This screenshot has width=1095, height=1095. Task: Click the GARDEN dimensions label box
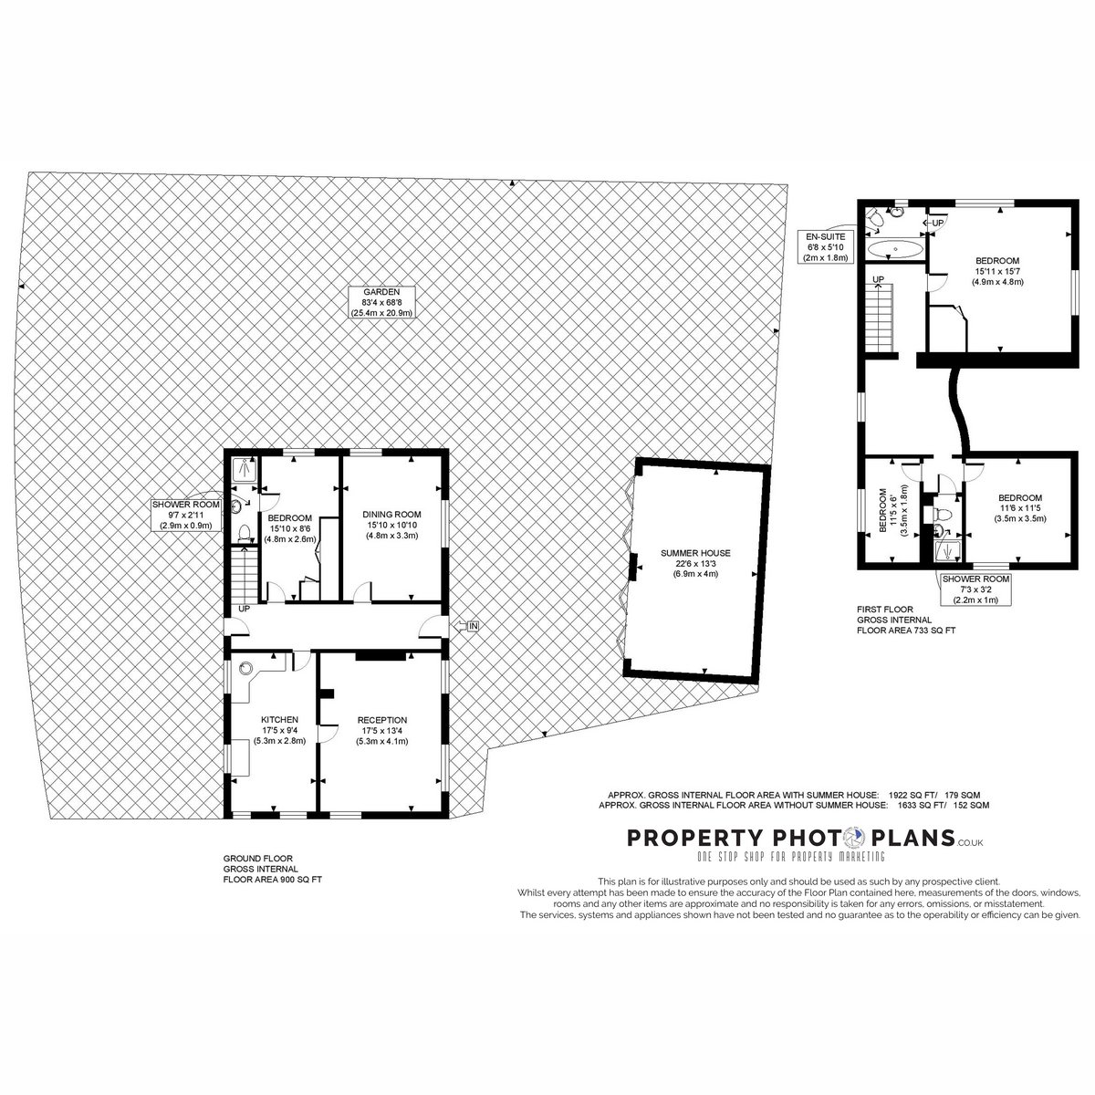pyautogui.click(x=381, y=302)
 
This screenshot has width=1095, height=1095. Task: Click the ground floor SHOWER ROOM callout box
pyautogui.click(x=186, y=515)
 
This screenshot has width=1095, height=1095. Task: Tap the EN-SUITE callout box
pyautogui.click(x=826, y=246)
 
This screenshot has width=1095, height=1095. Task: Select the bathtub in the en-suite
pyautogui.click(x=895, y=249)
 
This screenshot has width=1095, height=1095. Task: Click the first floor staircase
pyautogui.click(x=881, y=318)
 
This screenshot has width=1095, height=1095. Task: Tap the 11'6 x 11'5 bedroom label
pyautogui.click(x=1020, y=508)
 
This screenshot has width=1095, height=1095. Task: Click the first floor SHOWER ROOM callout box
pyautogui.click(x=975, y=589)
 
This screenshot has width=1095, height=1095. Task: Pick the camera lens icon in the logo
pyautogui.click(x=854, y=837)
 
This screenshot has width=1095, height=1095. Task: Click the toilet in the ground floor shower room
pyautogui.click(x=245, y=532)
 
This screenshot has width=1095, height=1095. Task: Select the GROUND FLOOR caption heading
pyautogui.click(x=258, y=859)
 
